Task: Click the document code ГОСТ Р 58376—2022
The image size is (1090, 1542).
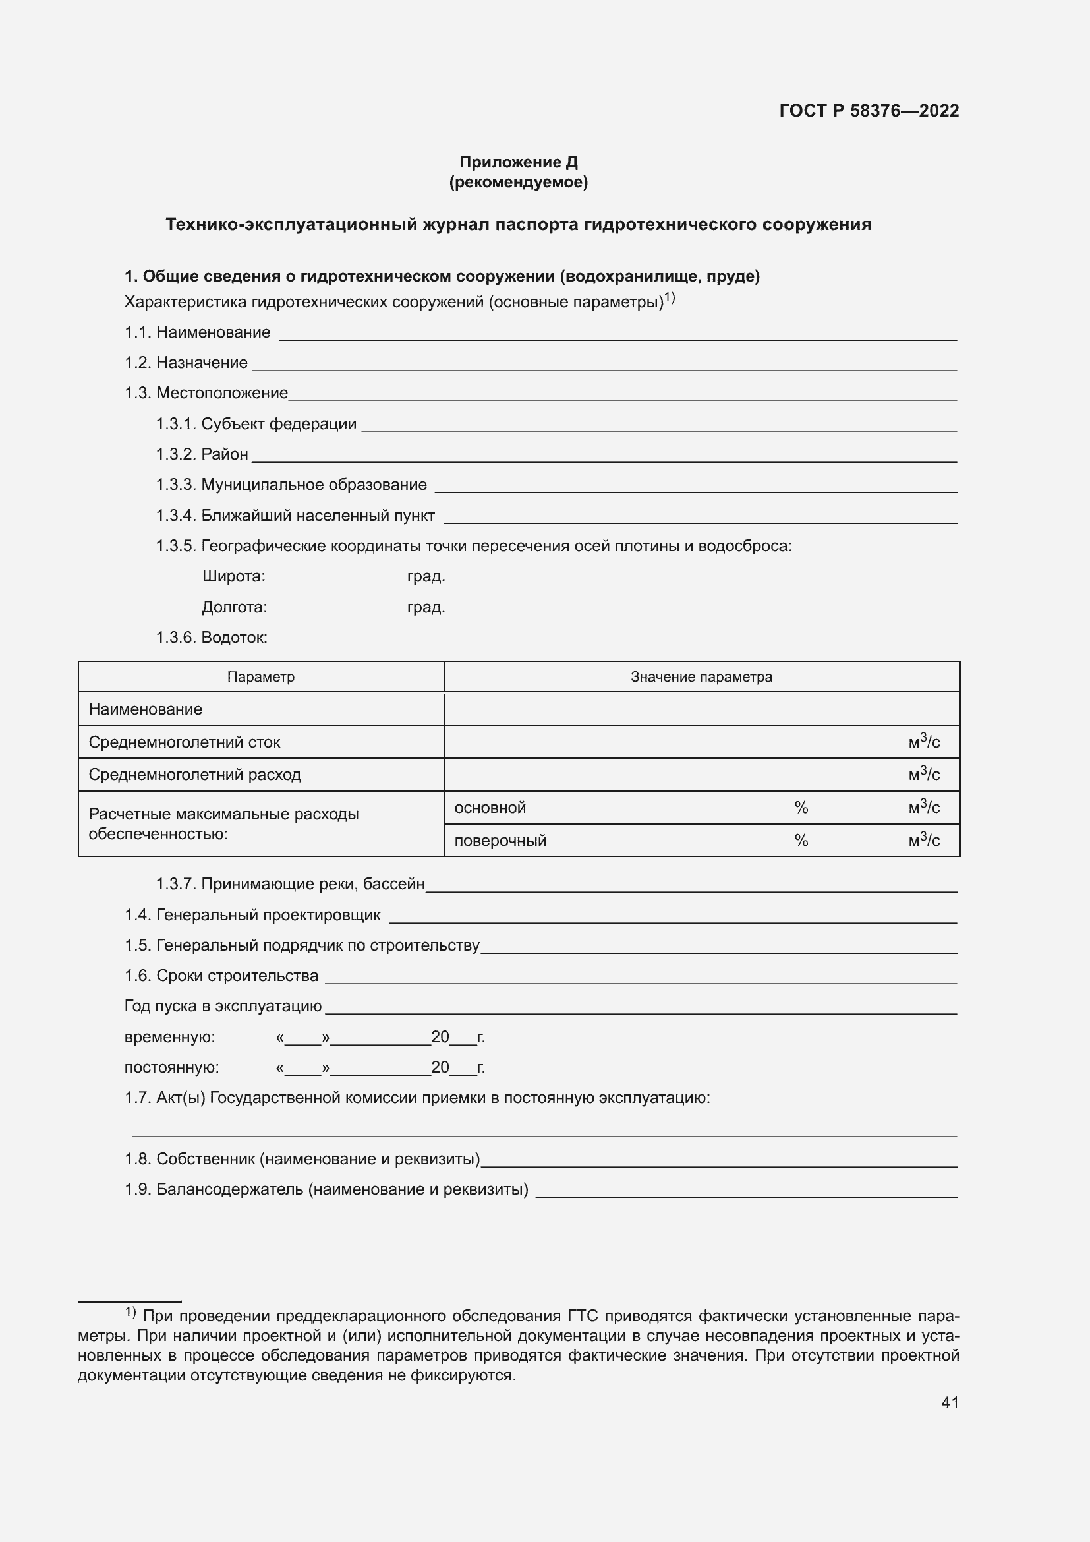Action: point(869,111)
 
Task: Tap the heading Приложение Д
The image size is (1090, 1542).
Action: point(518,162)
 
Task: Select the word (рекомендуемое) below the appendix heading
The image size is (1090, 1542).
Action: point(518,182)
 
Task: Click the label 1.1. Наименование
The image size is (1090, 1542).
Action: point(197,332)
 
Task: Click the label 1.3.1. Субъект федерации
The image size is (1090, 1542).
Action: point(256,424)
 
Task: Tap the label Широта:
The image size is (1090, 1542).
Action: point(233,576)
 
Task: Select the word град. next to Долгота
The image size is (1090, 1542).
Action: point(426,607)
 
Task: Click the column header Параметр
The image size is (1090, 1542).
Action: point(260,677)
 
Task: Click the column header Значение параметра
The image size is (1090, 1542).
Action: point(701,677)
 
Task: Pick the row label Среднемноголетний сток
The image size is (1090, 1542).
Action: point(184,742)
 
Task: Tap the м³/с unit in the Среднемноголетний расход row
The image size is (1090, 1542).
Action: point(923,775)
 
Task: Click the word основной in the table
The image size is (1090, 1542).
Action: point(490,808)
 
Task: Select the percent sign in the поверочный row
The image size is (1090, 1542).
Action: point(801,841)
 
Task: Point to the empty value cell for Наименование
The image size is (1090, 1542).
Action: point(701,709)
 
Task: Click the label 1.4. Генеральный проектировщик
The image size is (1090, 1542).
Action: point(252,915)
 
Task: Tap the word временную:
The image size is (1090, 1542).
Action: point(170,1037)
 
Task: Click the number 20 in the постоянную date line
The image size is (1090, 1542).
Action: point(440,1067)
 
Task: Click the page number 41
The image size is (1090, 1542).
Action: point(949,1402)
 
